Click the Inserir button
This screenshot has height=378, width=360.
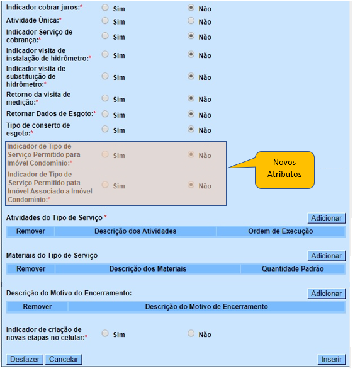[x=332, y=359]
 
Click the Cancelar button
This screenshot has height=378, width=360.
[x=64, y=359]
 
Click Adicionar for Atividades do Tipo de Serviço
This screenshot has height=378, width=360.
[x=327, y=218]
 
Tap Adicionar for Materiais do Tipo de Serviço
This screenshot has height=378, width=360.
[x=327, y=256]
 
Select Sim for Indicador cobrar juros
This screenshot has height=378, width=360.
[x=105, y=9]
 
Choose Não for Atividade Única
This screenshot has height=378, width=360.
[x=191, y=21]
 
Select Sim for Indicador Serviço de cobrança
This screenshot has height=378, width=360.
[x=105, y=36]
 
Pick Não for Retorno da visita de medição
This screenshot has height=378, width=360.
[x=191, y=98]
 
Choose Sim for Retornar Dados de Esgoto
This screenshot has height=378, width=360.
[x=105, y=114]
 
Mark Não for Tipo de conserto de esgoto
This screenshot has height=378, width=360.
[x=191, y=129]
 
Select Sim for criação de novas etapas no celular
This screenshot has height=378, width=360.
[x=105, y=333]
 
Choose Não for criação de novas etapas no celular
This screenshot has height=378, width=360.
[x=191, y=333]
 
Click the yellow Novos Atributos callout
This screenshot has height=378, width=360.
[x=284, y=168]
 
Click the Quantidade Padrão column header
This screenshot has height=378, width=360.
[x=293, y=269]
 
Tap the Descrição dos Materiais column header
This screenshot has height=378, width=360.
[x=147, y=269]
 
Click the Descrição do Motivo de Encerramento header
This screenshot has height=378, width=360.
[x=206, y=307]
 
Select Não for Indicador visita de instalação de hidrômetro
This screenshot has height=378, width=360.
[x=191, y=55]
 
